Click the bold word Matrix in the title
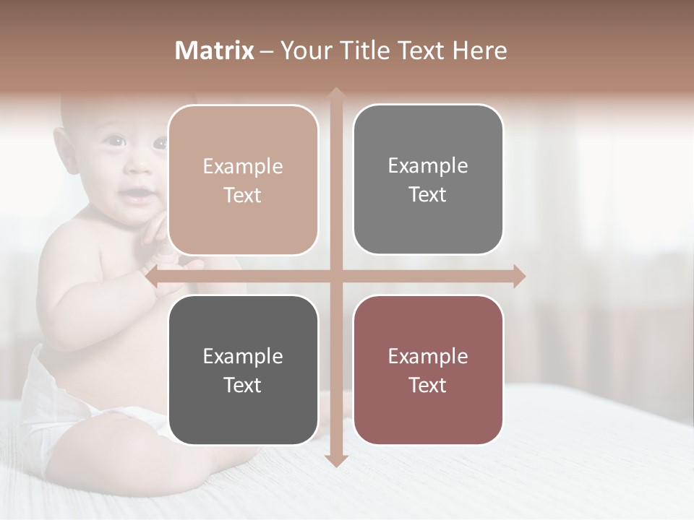[x=215, y=51]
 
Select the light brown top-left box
[x=243, y=180]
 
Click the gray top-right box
[x=428, y=180]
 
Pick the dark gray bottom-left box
[x=243, y=370]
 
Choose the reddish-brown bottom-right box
[x=428, y=370]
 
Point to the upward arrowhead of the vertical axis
[x=335, y=94]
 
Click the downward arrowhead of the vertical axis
[x=335, y=460]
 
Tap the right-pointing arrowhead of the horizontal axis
[x=519, y=276]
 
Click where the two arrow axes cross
[x=335, y=276]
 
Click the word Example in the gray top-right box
[x=428, y=165]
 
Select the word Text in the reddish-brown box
[x=428, y=385]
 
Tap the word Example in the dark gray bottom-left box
[x=243, y=356]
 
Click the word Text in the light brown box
[x=243, y=195]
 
